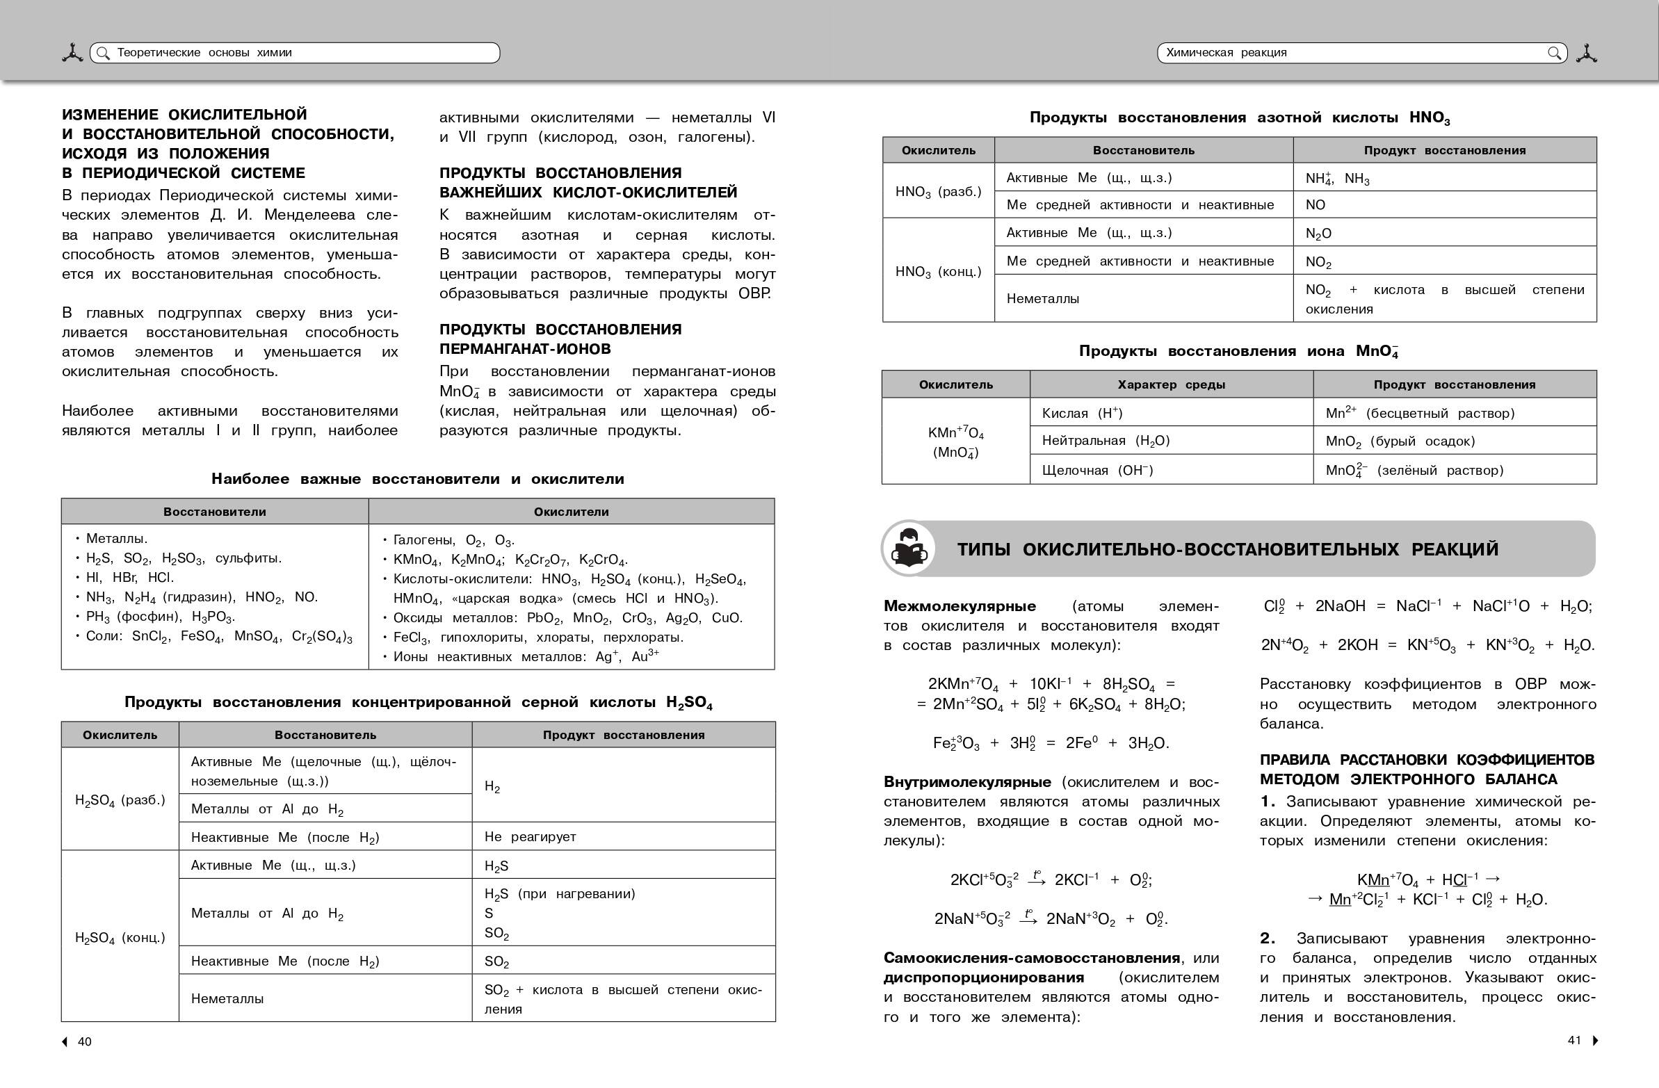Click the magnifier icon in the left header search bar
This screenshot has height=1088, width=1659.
click(x=103, y=53)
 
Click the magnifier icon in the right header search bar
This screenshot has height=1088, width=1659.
click(x=1554, y=53)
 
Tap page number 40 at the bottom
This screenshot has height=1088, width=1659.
click(x=84, y=1041)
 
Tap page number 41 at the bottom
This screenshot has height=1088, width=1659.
click(x=1574, y=1040)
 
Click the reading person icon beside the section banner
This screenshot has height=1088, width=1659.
click(x=908, y=549)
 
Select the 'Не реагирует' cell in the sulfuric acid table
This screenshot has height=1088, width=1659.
click(x=531, y=836)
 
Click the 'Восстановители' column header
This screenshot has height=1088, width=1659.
click(x=215, y=512)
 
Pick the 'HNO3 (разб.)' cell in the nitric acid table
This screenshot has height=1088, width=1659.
click(x=938, y=191)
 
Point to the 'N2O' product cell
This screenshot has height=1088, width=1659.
click(x=1318, y=234)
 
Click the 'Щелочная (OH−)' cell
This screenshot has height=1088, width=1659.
click(x=1097, y=470)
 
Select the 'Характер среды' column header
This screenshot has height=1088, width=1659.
click(x=1171, y=384)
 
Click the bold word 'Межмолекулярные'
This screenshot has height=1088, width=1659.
click(x=960, y=606)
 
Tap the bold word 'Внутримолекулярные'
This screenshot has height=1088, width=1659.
click(x=966, y=782)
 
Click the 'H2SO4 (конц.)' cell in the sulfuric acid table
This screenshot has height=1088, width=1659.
click(x=120, y=937)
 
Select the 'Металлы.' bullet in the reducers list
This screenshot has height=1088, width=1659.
click(x=116, y=538)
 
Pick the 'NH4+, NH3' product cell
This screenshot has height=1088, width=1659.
click(x=1337, y=179)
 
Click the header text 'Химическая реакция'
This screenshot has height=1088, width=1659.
click(x=1226, y=53)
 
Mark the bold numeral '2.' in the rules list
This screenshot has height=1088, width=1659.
click(x=1268, y=938)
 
